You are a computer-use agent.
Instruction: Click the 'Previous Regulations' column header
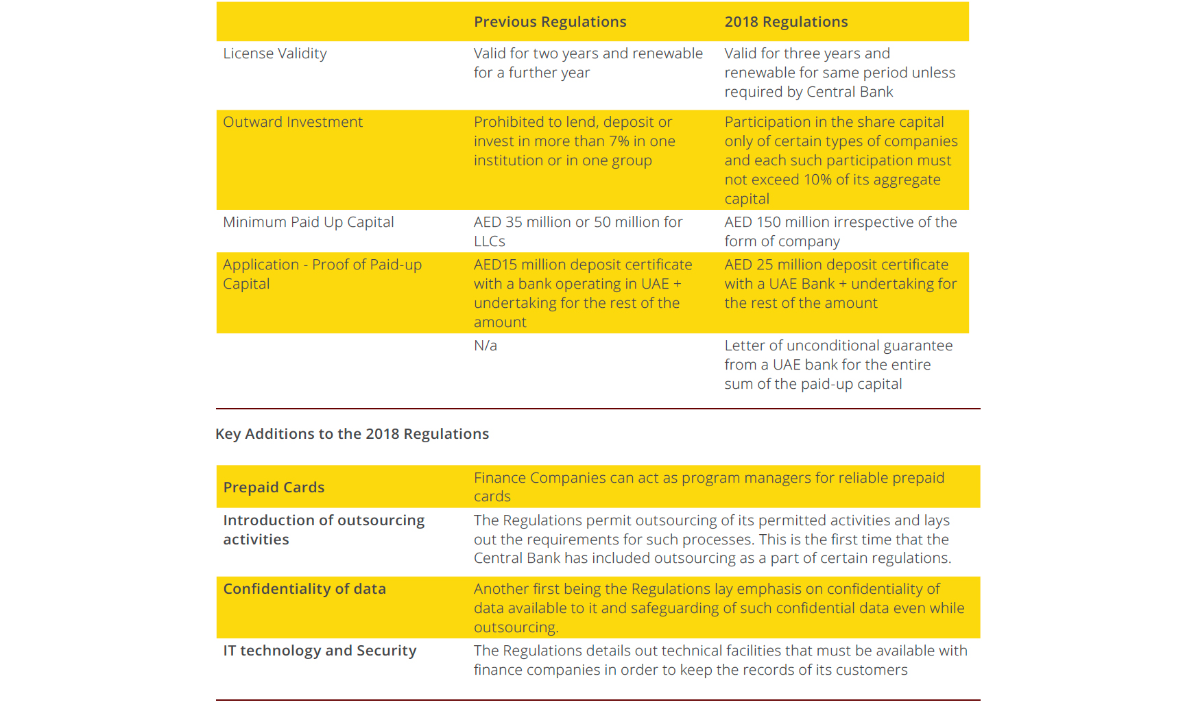[550, 22]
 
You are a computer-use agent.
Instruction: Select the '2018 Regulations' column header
[786, 22]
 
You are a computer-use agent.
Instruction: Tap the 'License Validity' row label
[275, 53]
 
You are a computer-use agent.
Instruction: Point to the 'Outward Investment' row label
[293, 122]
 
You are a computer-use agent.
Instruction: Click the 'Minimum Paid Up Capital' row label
[309, 222]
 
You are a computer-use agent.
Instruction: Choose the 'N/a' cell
[486, 346]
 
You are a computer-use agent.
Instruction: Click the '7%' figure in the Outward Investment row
[619, 141]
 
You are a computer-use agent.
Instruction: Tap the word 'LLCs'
[490, 241]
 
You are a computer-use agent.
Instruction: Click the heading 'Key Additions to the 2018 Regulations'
[352, 434]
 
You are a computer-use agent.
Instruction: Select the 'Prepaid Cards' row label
[274, 488]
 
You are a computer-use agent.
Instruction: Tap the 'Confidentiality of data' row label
[304, 589]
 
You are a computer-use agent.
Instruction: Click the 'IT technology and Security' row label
[320, 651]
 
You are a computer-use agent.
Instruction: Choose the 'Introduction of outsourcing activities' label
[324, 530]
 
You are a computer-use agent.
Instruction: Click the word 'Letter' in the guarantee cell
[745, 346]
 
